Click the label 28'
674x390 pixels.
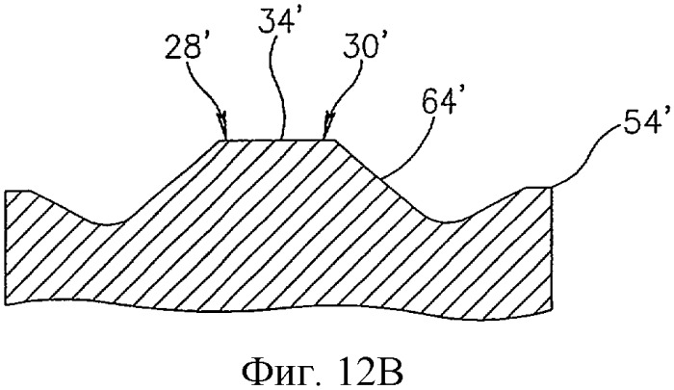[x=184, y=48]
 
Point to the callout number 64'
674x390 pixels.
[x=437, y=101]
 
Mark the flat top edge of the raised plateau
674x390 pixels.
[x=278, y=140]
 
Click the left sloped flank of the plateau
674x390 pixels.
[x=172, y=181]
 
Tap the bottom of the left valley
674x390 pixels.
[x=110, y=223]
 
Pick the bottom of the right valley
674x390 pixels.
[x=447, y=221]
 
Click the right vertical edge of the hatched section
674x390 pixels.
[x=550, y=250]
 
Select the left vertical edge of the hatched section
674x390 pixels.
[x=5, y=247]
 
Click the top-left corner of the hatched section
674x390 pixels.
[x=5, y=191]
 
